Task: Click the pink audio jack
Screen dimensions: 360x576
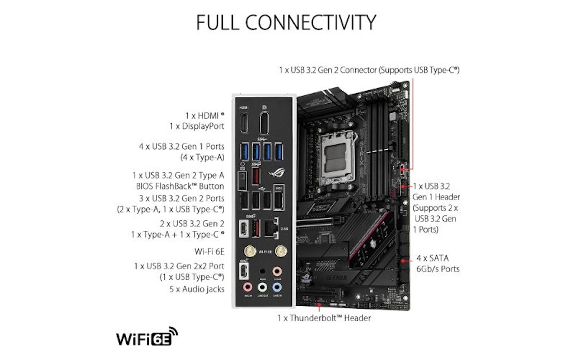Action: tap(247, 287)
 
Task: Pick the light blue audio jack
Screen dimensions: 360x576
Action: tap(276, 287)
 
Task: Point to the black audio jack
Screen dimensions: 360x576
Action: tap(262, 271)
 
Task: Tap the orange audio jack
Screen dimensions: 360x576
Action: tap(276, 271)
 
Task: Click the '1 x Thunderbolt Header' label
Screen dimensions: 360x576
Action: tap(324, 318)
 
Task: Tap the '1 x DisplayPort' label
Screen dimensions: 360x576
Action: tap(197, 126)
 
